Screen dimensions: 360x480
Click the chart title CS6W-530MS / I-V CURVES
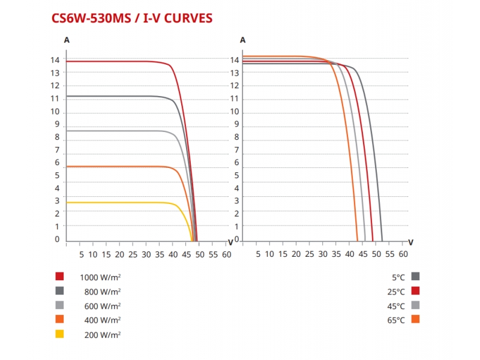point(132,19)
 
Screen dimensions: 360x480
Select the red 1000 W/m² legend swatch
point(59,277)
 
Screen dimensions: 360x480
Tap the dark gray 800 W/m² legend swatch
point(59,291)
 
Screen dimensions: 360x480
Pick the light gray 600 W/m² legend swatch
point(59,305)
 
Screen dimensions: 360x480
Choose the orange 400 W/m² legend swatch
point(59,320)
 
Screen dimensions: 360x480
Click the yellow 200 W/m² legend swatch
point(59,334)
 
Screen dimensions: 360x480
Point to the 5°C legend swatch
point(415,277)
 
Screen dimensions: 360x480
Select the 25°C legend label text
point(397,292)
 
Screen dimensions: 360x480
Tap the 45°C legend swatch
point(415,305)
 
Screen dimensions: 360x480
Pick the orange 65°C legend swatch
point(415,320)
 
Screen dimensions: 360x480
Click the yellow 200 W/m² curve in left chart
point(120,203)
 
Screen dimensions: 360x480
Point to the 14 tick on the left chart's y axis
point(55,60)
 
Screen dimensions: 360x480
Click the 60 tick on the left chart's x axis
point(226,254)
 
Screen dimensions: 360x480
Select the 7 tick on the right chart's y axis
point(236,150)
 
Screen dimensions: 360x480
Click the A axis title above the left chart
point(66,40)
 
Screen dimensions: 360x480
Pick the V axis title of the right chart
point(410,242)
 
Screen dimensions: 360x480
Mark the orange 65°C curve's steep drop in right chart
point(348,150)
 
